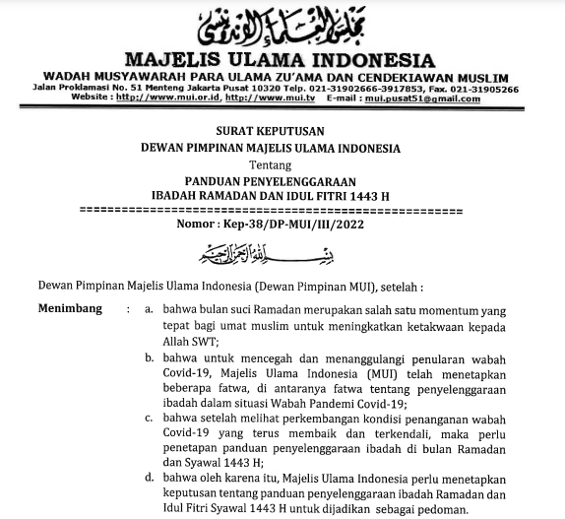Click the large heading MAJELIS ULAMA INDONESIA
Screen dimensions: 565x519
[282, 57]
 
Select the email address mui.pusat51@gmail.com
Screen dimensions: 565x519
[428, 98]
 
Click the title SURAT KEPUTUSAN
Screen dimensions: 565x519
[282, 132]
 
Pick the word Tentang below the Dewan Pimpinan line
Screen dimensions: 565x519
[282, 163]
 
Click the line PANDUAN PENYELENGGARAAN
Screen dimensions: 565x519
[282, 180]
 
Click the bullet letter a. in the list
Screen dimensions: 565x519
[146, 307]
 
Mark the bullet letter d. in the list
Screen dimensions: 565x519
[146, 478]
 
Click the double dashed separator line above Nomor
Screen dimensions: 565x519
[282, 210]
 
